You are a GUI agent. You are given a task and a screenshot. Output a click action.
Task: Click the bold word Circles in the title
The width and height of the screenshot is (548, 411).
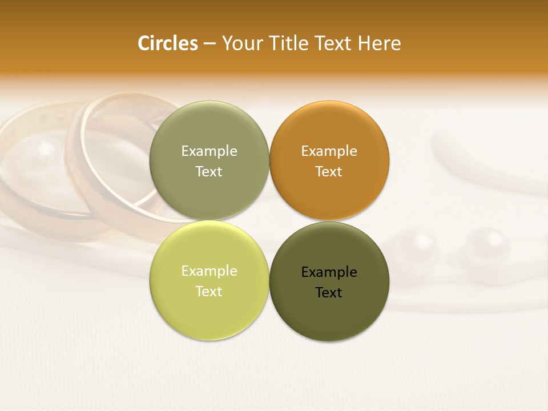(x=167, y=43)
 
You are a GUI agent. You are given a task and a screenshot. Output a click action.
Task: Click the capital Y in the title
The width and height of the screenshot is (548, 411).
(x=227, y=43)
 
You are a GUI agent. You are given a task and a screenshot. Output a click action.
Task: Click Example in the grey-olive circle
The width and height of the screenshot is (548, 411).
(x=209, y=151)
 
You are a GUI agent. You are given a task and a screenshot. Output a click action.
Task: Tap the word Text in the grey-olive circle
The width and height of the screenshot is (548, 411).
(x=209, y=172)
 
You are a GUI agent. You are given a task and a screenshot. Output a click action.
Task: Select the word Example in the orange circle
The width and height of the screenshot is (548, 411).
(x=329, y=151)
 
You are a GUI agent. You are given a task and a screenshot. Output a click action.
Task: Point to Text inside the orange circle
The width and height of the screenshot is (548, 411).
(x=329, y=172)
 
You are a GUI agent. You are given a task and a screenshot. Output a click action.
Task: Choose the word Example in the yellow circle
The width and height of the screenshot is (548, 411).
(x=209, y=271)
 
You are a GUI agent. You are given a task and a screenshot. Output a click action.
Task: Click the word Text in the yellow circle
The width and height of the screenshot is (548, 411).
(x=209, y=292)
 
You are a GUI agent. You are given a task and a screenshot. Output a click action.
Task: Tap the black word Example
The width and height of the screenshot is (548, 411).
(x=329, y=272)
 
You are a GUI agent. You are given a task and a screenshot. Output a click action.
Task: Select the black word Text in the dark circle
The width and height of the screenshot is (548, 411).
(x=329, y=293)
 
